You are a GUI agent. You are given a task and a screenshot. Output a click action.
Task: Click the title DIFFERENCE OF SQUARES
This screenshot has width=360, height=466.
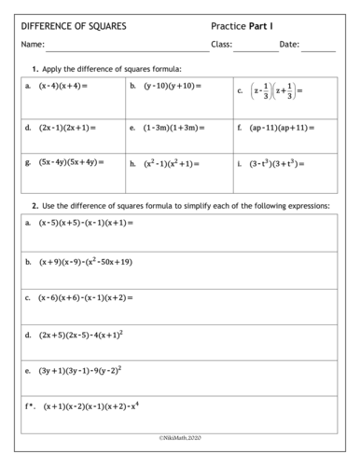[74, 26]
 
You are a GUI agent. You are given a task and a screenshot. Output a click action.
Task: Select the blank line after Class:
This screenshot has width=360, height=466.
[256, 47]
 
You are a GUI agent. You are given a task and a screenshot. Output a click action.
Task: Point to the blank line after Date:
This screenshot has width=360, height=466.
[318, 47]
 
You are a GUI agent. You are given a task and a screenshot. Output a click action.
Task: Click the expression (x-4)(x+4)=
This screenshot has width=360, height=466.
[62, 86]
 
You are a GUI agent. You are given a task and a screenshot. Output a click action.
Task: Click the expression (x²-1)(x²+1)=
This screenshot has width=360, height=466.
[172, 162]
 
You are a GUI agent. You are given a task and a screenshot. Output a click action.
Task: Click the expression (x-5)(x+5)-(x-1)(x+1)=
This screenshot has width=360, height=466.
[86, 224]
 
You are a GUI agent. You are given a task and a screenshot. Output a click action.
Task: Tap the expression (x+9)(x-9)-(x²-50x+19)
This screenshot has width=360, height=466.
[86, 262]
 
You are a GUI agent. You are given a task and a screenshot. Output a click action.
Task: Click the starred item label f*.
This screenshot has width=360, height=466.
[31, 406]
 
